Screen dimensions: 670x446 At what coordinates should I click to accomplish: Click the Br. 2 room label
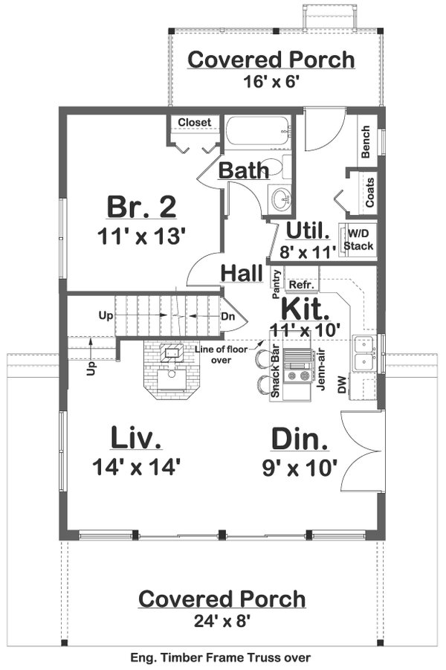point(140,205)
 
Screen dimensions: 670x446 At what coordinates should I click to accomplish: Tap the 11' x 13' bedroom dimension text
point(140,236)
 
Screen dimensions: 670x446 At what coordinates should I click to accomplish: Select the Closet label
point(195,122)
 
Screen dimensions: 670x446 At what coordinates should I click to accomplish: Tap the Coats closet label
point(369,193)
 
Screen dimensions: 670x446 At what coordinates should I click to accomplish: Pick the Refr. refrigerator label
point(300,285)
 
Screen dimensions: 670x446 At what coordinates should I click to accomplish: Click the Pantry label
point(276,283)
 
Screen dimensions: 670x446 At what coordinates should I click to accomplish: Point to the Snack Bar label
point(275,372)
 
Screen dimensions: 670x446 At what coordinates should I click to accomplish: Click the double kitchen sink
point(365,353)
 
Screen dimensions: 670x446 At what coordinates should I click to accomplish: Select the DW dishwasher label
point(342,384)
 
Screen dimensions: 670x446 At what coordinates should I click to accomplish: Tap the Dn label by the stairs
point(228,315)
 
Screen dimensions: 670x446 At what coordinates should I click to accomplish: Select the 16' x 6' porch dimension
point(271,83)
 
